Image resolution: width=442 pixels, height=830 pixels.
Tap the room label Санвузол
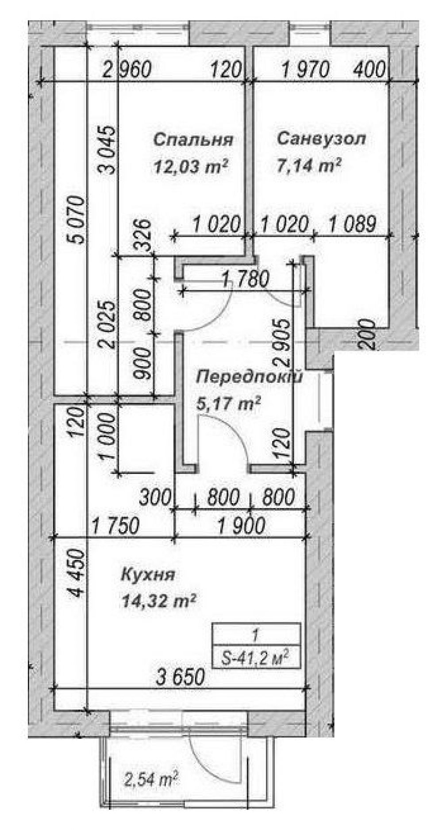click(x=322, y=139)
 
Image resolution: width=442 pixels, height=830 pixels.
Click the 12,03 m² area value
click(x=191, y=167)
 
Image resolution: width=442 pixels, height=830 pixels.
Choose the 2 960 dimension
click(x=127, y=70)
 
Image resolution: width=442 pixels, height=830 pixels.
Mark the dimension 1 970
click(x=306, y=69)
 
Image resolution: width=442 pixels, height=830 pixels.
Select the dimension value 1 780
click(x=246, y=280)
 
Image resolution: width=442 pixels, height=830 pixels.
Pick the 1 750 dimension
click(x=116, y=526)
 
